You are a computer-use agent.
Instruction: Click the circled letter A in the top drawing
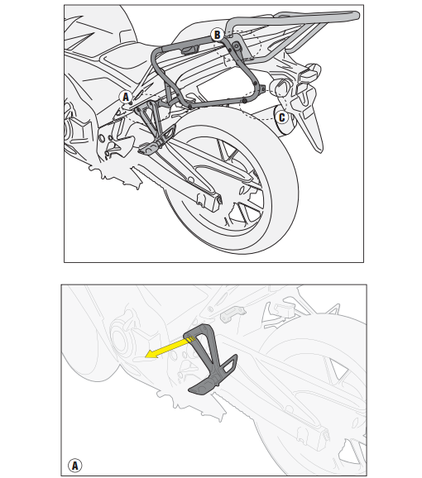point(126,97)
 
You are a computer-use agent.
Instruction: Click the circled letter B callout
point(217,35)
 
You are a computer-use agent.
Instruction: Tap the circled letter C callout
point(282,117)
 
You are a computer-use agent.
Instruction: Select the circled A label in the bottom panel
point(75,465)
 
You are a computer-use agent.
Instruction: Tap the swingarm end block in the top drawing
point(211,198)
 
